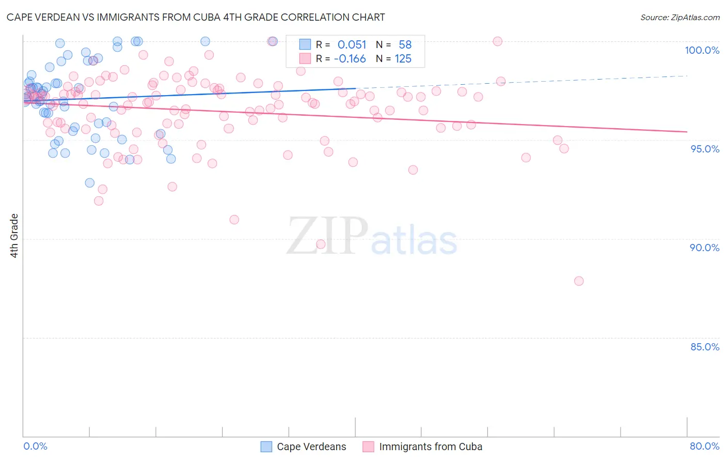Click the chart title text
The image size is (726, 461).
point(196,17)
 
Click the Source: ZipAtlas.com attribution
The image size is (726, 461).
point(680,17)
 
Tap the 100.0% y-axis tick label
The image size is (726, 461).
point(702,50)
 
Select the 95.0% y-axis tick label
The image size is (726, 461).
point(704,149)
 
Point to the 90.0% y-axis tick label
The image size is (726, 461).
point(704,248)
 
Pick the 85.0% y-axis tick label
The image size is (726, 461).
point(704,347)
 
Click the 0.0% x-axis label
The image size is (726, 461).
point(35,446)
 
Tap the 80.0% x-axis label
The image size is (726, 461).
point(704,446)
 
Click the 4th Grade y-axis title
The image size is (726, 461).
point(14,236)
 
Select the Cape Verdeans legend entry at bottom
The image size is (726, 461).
point(303,447)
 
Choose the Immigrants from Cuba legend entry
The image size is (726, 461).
point(422,447)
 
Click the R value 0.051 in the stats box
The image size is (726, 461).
point(352,45)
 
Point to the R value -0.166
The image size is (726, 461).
point(350,59)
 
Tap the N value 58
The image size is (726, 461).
point(405,45)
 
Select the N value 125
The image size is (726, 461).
point(403,59)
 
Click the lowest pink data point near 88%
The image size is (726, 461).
point(579,281)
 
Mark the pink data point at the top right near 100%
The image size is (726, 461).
point(498,41)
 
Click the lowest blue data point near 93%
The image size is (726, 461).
point(90,183)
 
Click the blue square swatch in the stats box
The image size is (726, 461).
point(305,45)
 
